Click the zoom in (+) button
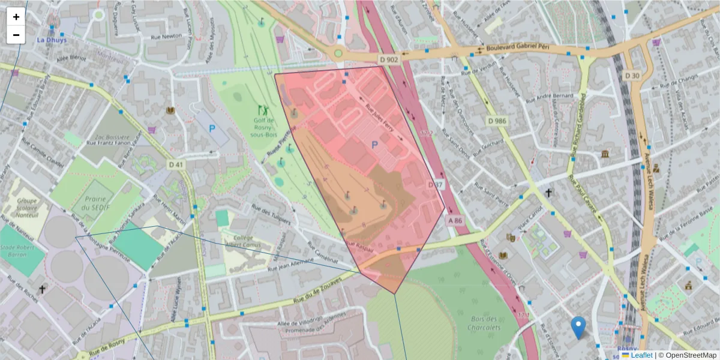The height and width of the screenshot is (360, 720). coord(16,17)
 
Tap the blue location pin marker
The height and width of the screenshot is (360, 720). coord(578,327)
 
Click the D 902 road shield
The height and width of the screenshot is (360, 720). coord(389,59)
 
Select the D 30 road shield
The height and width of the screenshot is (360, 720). coord(632,76)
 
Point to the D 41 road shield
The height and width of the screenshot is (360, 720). coord(175,164)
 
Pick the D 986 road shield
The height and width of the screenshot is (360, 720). coord(497,121)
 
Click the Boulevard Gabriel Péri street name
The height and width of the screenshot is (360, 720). coord(518,47)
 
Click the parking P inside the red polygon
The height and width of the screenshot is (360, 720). coord(375,145)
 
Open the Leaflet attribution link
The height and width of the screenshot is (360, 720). coord(641,355)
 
